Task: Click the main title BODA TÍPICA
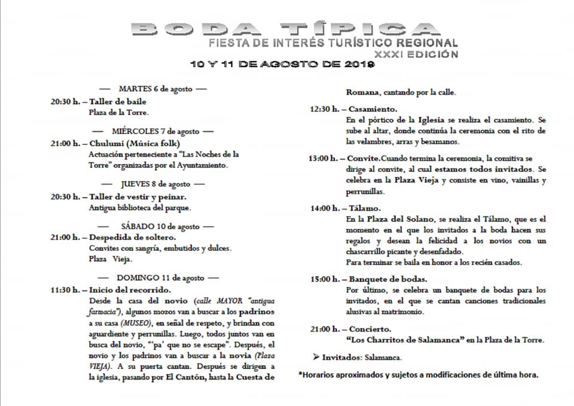click(285, 29)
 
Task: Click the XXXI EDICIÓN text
click(416, 54)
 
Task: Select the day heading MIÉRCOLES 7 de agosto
click(154, 131)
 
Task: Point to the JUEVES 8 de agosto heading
click(154, 184)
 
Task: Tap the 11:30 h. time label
click(65, 290)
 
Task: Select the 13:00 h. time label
click(323, 159)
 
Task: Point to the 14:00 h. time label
click(323, 208)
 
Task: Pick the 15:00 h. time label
click(323, 279)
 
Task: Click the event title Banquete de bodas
click(388, 279)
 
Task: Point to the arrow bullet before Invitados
click(315, 357)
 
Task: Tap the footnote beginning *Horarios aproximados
click(419, 375)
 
